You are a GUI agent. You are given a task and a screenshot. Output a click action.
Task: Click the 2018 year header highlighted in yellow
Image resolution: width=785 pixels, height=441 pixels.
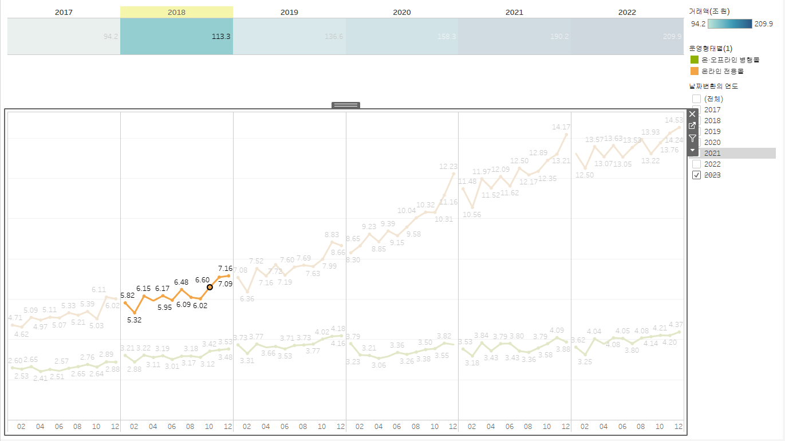[x=176, y=12]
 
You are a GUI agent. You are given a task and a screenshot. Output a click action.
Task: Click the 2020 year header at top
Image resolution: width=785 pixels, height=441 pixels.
[x=402, y=12]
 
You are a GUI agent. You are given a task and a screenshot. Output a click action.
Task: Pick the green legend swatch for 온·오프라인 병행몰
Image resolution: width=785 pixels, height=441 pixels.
[x=695, y=60]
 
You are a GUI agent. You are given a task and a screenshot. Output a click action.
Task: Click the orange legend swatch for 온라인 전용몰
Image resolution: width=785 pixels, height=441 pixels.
[x=695, y=71]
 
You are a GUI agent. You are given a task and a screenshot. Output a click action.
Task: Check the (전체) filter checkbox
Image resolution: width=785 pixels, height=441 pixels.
[x=696, y=99]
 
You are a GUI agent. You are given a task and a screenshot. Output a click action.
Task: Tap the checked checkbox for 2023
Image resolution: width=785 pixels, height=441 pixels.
[x=696, y=175]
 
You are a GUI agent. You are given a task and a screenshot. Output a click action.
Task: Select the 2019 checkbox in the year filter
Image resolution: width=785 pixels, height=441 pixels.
[x=696, y=132]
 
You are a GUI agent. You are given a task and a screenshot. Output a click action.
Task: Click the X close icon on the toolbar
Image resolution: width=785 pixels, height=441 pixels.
[x=692, y=114]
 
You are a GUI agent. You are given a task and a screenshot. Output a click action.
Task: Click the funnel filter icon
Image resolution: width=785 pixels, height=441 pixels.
[x=692, y=138]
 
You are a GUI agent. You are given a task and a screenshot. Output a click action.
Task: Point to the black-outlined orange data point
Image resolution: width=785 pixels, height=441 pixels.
[x=210, y=287]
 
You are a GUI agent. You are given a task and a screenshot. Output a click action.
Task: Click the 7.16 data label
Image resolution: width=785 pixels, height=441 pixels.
[x=225, y=268]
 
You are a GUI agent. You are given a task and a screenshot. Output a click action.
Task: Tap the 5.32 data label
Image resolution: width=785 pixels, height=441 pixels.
[x=134, y=320]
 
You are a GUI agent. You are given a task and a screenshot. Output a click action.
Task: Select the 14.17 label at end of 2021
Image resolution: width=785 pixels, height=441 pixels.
[x=561, y=127]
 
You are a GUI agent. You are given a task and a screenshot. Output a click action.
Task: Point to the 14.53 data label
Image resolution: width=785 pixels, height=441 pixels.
[x=673, y=120]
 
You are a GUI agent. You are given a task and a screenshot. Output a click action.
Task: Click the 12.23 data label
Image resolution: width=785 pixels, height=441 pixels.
[x=448, y=167]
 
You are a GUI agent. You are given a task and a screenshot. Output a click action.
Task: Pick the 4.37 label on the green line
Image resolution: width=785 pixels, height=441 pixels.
[x=676, y=324]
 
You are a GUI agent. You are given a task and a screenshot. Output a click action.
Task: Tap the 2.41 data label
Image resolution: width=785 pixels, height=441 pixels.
[x=40, y=378]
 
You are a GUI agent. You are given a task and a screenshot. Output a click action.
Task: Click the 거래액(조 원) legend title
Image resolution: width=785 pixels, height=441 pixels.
[x=709, y=11]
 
